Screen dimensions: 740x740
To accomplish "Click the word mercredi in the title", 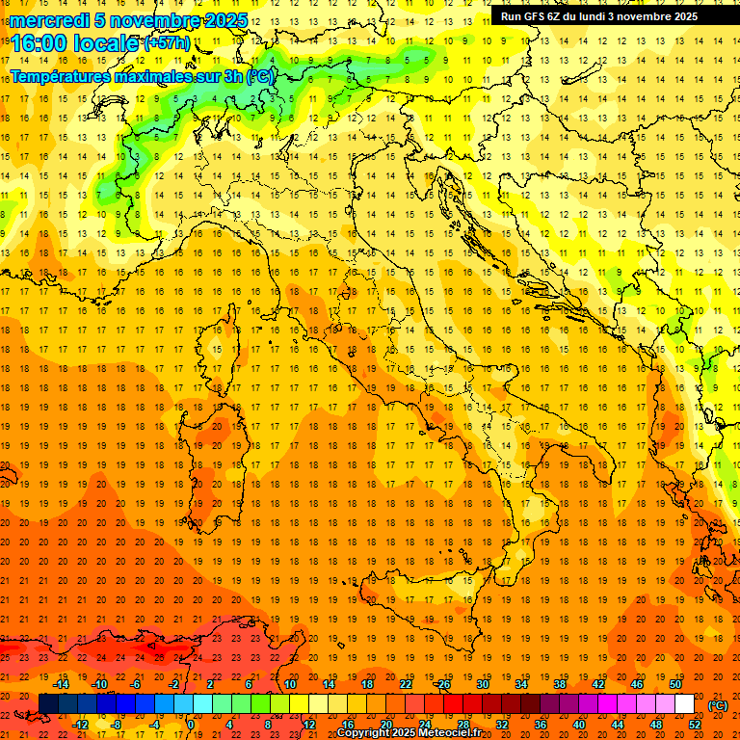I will pos(49,20).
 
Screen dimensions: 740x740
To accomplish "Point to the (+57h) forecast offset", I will pos(167,43).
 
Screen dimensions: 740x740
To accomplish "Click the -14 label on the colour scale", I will pos(62,684).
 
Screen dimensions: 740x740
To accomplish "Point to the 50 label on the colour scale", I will pos(674,684).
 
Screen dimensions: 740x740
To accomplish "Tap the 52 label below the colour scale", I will pos(695,724).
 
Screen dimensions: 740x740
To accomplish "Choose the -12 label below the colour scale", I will pos(81,724).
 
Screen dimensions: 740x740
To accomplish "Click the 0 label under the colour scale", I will pos(191,724).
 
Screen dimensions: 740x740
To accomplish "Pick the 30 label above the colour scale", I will pos(483,684).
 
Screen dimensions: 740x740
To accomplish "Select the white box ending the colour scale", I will pos(684,703).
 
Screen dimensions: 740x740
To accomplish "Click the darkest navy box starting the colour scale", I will pos(48,703).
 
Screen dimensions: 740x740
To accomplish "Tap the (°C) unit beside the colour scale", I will pos(718,705).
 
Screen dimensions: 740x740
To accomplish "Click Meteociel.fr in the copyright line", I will pos(452,733).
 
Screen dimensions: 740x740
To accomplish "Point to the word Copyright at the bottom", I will pos(364,733).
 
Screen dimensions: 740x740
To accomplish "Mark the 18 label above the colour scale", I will pos(367,684).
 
